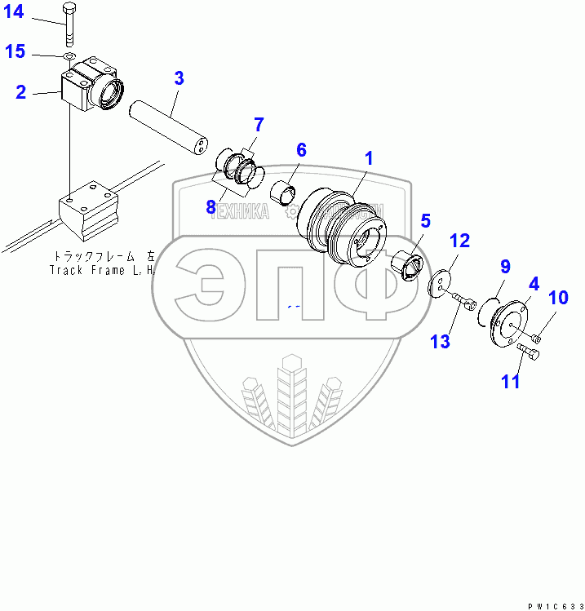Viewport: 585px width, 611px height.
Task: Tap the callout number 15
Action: (16, 52)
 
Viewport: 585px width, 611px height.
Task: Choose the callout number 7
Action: (259, 125)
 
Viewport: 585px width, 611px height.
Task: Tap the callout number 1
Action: (369, 158)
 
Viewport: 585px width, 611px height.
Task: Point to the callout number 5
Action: (425, 220)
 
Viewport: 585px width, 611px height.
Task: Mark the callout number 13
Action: (441, 340)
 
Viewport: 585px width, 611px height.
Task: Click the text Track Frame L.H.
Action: (102, 269)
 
